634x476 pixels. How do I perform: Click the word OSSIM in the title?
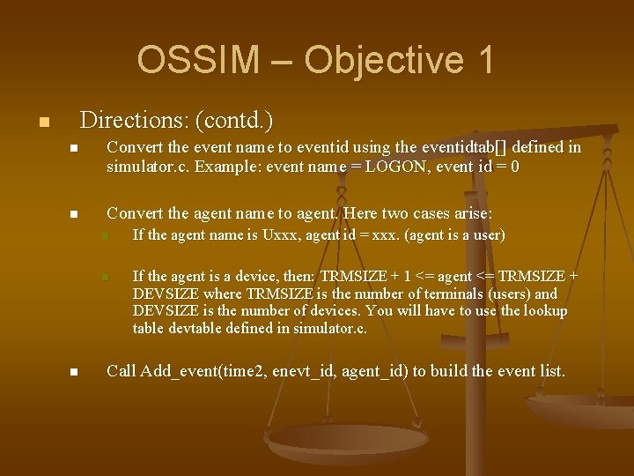point(198,60)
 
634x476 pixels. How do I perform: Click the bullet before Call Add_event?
point(75,373)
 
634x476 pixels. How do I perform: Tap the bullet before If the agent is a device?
point(103,278)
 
